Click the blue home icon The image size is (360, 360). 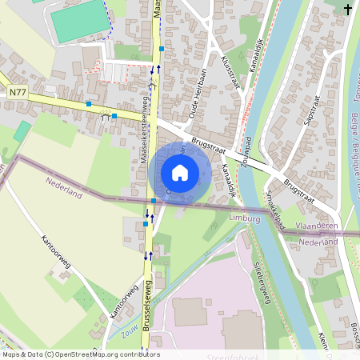click(x=180, y=173)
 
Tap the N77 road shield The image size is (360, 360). click(x=18, y=94)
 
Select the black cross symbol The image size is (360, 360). click(x=348, y=9)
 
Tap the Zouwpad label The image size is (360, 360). click(x=250, y=157)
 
